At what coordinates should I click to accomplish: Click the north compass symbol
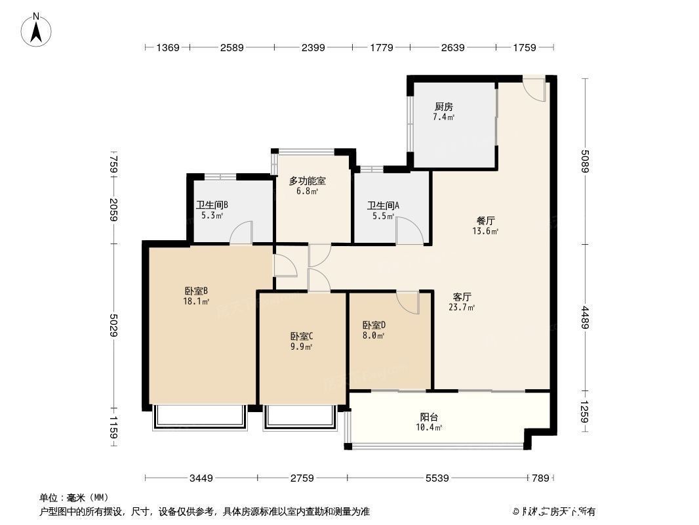[x=38, y=29]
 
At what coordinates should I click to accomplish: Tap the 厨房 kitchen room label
[x=443, y=107]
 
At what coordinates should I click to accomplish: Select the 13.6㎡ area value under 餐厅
[x=485, y=231]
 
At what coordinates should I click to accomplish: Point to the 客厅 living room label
[x=462, y=296]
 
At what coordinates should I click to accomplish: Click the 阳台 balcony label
[x=429, y=417]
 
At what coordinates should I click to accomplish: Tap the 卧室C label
[x=302, y=336]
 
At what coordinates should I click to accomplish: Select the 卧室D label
[x=374, y=325]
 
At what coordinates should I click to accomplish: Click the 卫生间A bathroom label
[x=383, y=205]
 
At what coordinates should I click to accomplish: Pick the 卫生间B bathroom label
[x=212, y=205]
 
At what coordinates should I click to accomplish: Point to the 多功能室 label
[x=308, y=180]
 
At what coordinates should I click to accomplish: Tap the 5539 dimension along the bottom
[x=437, y=478]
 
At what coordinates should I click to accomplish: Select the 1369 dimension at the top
[x=167, y=47]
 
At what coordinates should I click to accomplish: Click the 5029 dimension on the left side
[x=113, y=325]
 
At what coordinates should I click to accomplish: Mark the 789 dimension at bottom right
[x=540, y=478]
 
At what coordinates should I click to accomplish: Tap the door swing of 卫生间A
[x=407, y=230]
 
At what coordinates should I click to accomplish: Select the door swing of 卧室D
[x=407, y=303]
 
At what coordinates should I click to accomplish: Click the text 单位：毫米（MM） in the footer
[x=74, y=497]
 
